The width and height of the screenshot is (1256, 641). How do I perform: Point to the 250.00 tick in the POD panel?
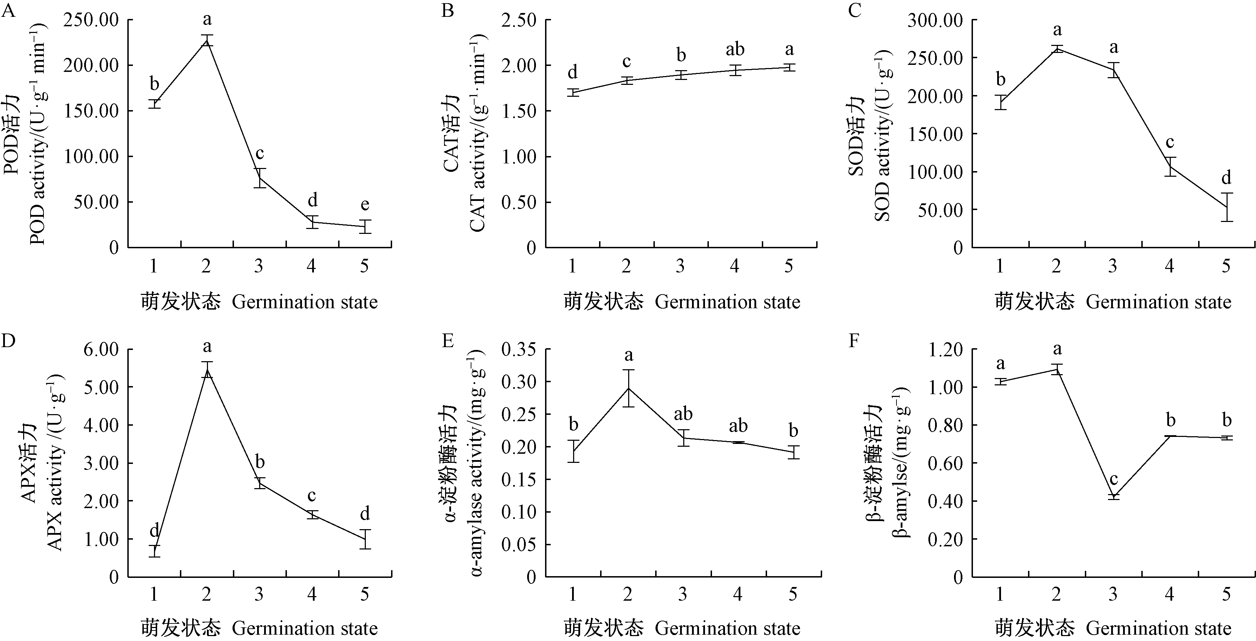point(95,20)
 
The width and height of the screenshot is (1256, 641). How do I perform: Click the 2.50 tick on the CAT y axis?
point(519,20)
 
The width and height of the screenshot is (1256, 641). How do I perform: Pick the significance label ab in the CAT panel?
point(735,49)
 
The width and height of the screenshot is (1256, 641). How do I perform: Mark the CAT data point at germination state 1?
point(573,93)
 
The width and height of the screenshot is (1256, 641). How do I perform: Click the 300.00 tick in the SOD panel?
point(936,20)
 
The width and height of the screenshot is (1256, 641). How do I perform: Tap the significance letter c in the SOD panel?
point(1170,143)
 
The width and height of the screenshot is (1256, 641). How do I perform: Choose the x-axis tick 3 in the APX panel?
point(259,594)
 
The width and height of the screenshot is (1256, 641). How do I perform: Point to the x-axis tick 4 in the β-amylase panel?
point(1170,594)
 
